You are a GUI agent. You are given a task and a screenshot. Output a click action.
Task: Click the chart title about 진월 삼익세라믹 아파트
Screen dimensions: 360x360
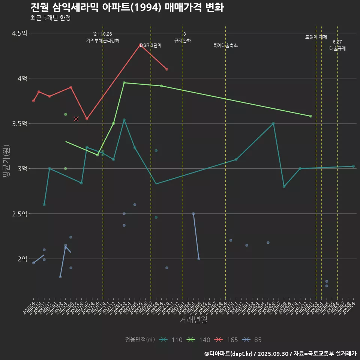click(127, 7)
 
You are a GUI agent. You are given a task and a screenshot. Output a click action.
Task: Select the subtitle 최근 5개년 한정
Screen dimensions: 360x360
click(50, 18)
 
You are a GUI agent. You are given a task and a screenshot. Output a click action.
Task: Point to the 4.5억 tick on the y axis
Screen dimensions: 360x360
click(19, 33)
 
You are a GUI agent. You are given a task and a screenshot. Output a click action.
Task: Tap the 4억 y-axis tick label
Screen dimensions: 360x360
click(22, 78)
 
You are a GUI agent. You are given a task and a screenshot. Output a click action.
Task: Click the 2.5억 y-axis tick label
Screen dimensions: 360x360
click(19, 214)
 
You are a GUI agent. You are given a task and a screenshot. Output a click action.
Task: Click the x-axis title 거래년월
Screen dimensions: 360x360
click(193, 320)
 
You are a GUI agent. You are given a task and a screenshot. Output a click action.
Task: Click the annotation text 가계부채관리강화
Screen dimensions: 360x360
click(103, 40)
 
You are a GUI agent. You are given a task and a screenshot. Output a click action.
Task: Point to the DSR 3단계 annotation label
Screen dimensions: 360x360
click(151, 45)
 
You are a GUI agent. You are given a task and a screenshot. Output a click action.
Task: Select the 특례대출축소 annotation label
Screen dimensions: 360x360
click(225, 45)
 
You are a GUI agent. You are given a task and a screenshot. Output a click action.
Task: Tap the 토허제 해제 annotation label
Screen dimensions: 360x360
click(316, 37)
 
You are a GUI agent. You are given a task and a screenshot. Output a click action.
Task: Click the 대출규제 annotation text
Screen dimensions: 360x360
click(337, 48)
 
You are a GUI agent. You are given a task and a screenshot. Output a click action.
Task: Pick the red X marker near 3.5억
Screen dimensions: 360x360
click(76, 119)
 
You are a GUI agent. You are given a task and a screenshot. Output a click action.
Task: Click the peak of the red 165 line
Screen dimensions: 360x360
click(140, 45)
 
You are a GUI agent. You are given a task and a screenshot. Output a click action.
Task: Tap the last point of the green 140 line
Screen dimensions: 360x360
click(310, 116)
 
